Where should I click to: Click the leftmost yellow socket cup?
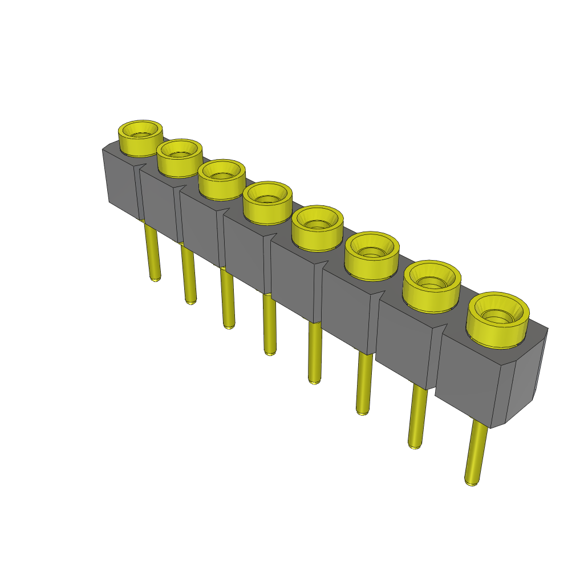tap(140, 139)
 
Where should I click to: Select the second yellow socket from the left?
tap(179, 158)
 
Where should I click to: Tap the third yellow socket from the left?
tap(222, 180)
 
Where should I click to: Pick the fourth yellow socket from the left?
tap(267, 203)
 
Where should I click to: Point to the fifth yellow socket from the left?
tap(317, 228)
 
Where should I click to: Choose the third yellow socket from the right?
tap(371, 255)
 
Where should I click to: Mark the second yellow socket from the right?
tap(431, 286)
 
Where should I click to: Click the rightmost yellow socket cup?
tap(498, 319)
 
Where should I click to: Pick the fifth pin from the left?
tap(315, 352)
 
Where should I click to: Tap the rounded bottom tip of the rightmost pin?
tap(471, 482)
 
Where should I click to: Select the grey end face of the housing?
tap(525, 376)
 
